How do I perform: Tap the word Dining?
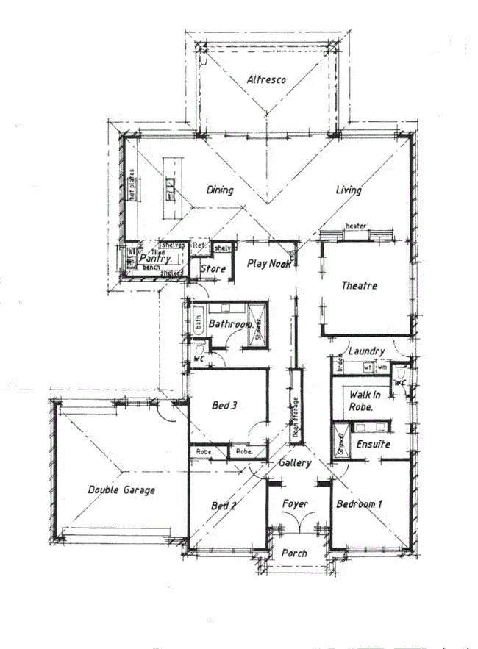point(219,190)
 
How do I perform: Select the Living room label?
point(349,190)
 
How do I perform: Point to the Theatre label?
point(359,285)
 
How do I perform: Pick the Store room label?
point(213,270)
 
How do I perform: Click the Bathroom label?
point(231,323)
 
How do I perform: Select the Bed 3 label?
point(225,405)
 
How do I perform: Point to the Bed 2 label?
point(224,506)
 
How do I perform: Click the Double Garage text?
point(121,490)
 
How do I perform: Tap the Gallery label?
point(295,463)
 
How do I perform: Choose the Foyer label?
point(295,504)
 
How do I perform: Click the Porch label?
point(294,553)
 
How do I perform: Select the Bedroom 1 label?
point(360,504)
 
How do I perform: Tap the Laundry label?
point(363,351)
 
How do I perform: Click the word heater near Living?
point(356,226)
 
